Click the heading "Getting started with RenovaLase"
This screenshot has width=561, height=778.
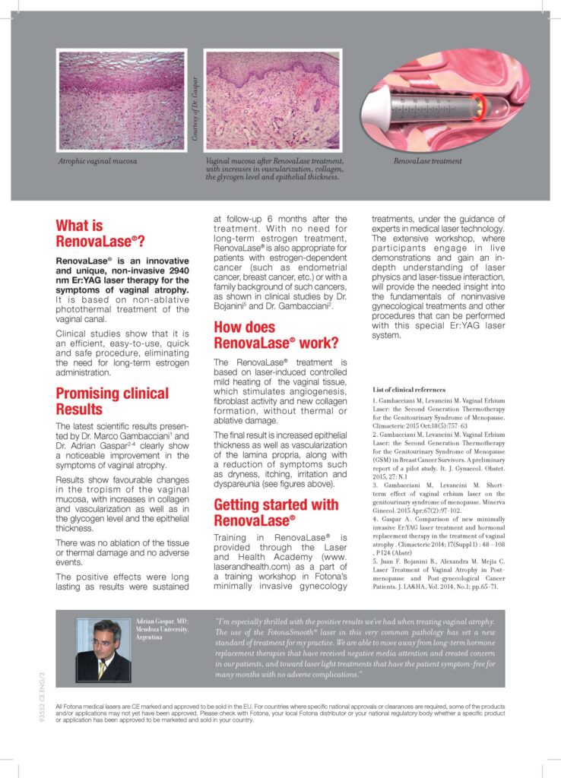276,512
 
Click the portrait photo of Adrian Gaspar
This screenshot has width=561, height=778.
103,650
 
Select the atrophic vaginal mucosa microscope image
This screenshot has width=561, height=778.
122,101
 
